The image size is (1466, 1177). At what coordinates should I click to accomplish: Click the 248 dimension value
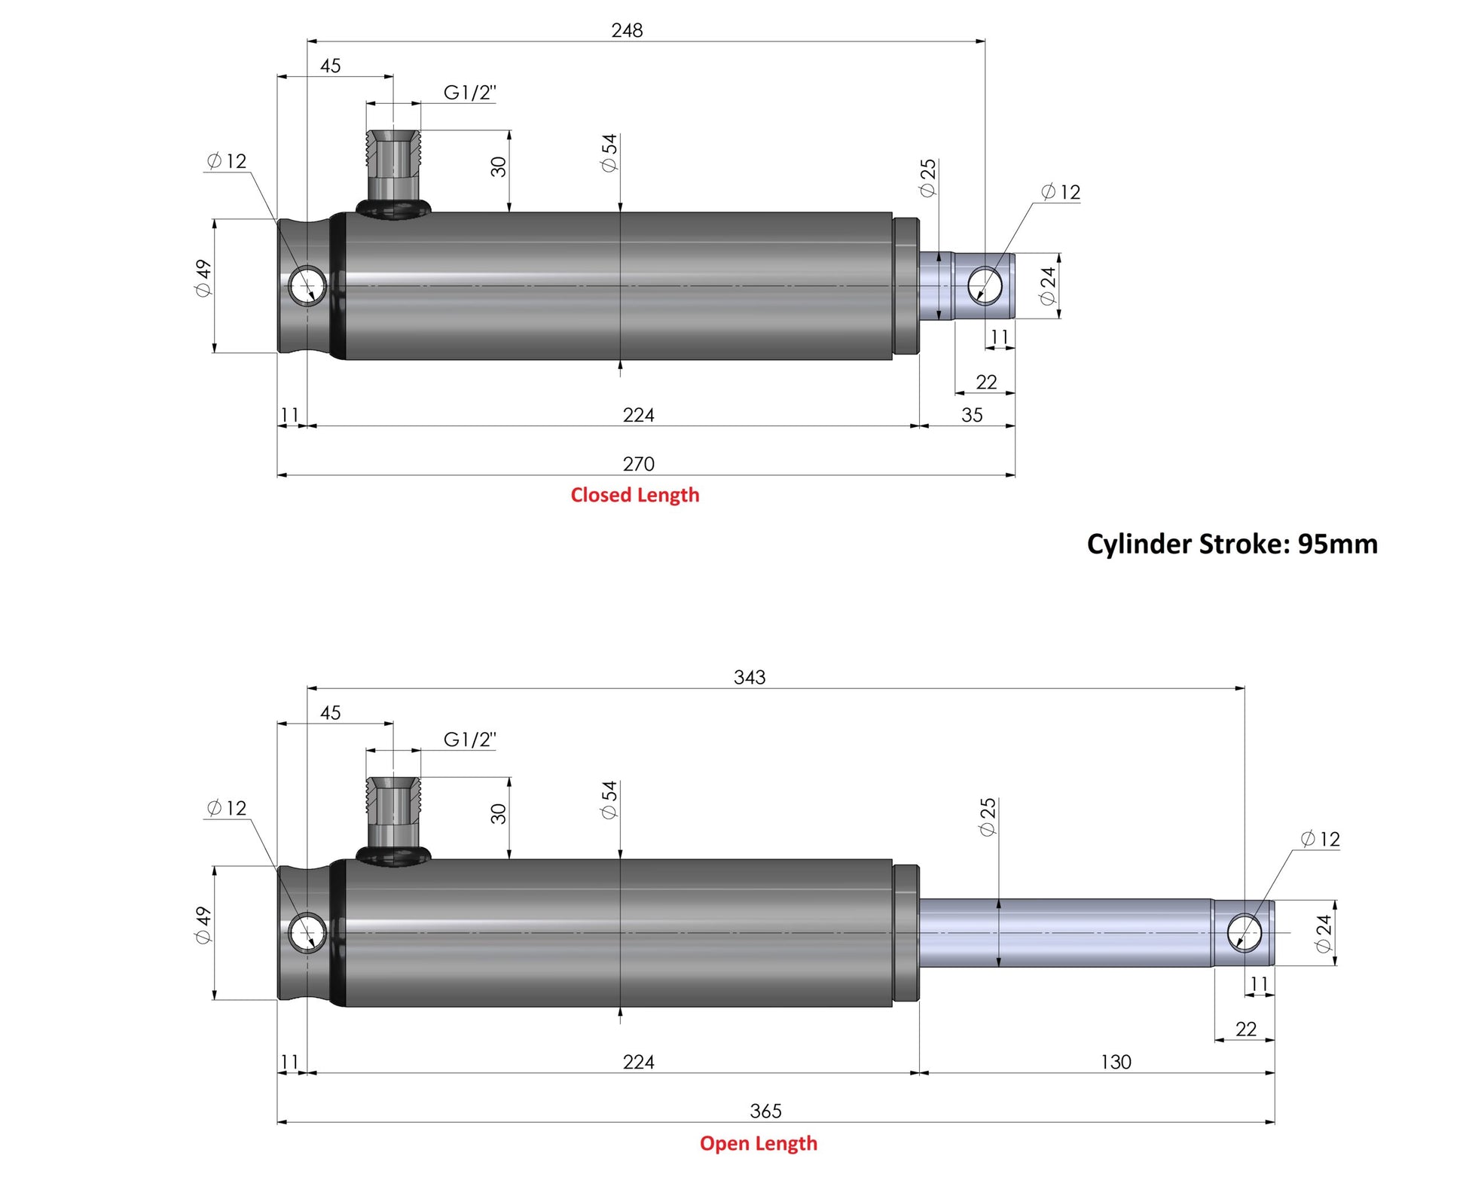(x=627, y=30)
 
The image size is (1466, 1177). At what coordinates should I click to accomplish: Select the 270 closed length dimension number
(x=638, y=464)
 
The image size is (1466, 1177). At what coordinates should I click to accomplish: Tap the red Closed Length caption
(x=635, y=495)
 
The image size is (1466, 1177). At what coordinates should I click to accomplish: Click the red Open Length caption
(x=758, y=1143)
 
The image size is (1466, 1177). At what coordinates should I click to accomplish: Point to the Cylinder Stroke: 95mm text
(x=1232, y=544)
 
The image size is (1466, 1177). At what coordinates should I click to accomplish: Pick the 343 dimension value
(x=750, y=677)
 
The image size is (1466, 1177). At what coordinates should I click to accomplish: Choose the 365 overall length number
(x=765, y=1111)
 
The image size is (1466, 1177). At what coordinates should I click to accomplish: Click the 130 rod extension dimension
(x=1116, y=1062)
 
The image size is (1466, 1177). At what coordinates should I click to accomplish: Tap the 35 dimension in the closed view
(x=972, y=415)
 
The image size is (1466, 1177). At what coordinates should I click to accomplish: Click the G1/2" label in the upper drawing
(x=469, y=93)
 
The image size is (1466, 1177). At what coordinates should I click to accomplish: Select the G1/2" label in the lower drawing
(x=469, y=739)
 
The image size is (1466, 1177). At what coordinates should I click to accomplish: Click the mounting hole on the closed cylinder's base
(x=307, y=285)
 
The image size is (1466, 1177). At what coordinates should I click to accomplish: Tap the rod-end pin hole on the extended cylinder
(x=1245, y=932)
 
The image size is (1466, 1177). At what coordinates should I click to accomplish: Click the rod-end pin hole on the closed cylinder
(x=985, y=285)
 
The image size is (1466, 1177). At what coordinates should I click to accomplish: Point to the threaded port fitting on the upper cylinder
(x=393, y=174)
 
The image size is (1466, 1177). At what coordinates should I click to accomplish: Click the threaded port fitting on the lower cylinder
(x=393, y=822)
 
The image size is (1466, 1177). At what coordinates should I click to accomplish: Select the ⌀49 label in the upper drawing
(x=203, y=279)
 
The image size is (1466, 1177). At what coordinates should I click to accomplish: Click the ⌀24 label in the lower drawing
(x=1324, y=934)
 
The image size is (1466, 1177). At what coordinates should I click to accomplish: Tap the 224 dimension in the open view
(x=638, y=1062)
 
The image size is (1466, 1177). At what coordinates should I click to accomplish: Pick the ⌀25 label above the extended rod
(x=987, y=817)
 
